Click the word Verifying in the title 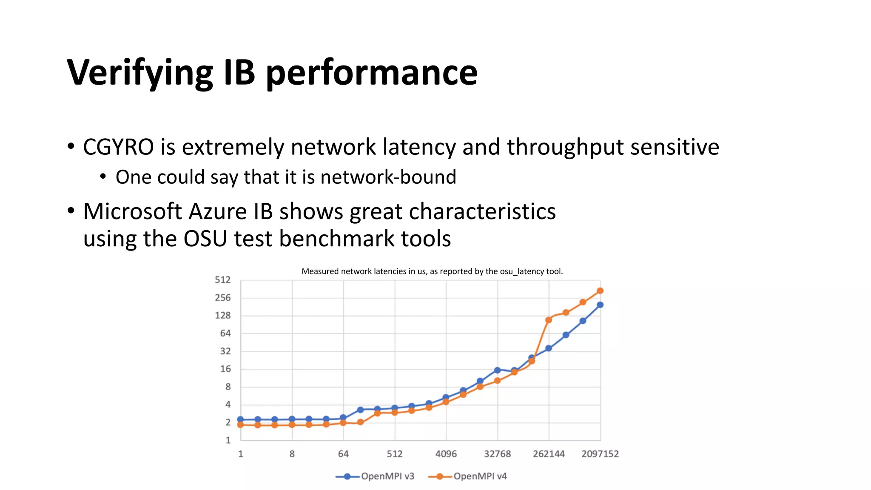139,73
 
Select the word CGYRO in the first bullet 118,147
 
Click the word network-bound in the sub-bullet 388,177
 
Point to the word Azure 217,211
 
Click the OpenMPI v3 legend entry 375,476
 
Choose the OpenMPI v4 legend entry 467,476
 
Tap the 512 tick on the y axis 222,280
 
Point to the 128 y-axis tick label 222,316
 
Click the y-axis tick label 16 225,369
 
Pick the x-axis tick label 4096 446,454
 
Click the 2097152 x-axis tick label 600,454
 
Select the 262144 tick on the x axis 549,454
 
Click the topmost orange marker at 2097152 600,291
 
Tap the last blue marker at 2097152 600,305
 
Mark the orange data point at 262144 549,320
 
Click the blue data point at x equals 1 240,419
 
